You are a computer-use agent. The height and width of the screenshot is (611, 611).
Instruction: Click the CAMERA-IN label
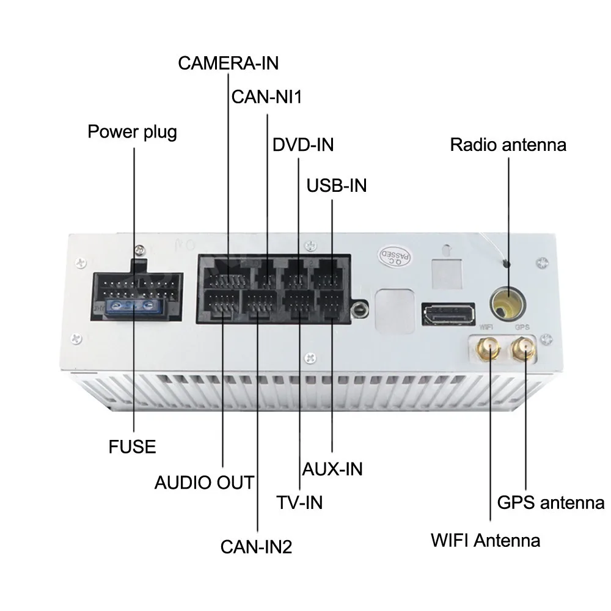tap(228, 62)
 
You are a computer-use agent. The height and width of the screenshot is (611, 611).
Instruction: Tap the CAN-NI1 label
tap(267, 97)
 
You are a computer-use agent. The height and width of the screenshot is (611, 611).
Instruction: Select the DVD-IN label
tap(303, 145)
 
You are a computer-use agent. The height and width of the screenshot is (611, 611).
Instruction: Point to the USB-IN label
tap(337, 185)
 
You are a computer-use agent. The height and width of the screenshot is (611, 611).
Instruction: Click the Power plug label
tap(133, 131)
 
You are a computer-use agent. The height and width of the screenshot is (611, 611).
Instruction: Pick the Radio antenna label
tap(508, 145)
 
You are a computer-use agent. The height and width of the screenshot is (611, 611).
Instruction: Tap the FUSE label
tap(133, 447)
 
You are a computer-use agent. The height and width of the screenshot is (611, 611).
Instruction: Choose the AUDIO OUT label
tap(203, 483)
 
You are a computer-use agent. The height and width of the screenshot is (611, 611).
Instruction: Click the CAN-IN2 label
tap(257, 546)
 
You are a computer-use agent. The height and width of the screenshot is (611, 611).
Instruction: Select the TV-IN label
tap(299, 502)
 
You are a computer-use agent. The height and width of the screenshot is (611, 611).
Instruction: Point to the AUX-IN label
tap(333, 469)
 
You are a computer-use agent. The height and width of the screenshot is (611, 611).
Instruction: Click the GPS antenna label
tap(551, 503)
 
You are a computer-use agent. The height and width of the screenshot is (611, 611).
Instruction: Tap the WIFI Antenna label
tap(485, 540)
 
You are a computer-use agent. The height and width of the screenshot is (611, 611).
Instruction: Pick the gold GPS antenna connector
tap(523, 349)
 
